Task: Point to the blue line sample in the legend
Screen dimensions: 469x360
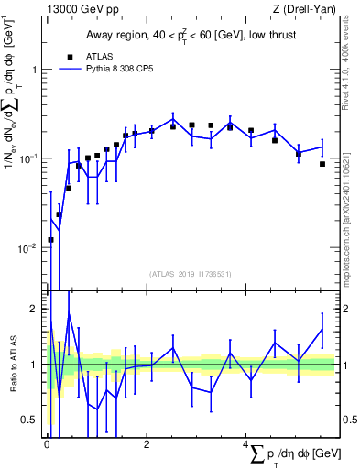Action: point(70,68)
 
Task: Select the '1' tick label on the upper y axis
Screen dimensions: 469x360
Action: point(34,70)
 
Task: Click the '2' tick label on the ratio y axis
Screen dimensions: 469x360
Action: point(34,309)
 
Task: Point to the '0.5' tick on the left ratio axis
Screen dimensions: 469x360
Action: point(30,420)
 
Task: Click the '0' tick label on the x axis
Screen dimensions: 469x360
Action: point(47,443)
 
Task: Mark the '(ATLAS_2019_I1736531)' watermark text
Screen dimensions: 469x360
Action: point(191,273)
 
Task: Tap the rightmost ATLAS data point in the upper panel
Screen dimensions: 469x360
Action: point(322,164)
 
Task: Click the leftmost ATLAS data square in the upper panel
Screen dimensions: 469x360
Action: point(50,240)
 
